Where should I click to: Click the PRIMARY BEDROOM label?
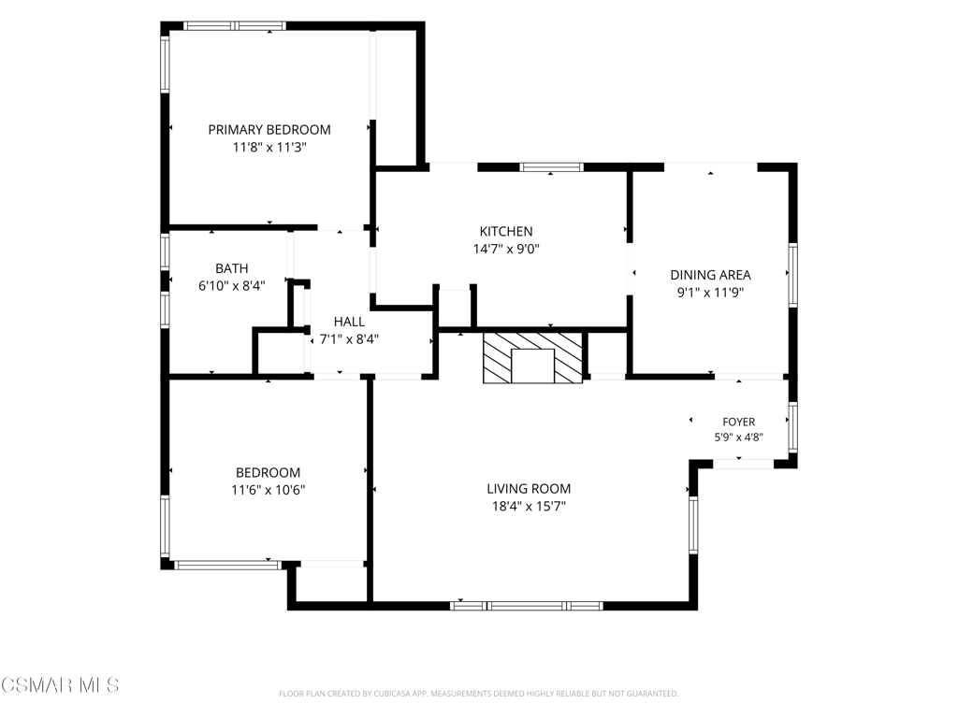[x=269, y=130]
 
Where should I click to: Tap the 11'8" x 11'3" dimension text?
[x=269, y=147]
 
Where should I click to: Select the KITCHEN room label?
[x=506, y=232]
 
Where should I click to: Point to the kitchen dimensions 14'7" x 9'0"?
[x=506, y=249]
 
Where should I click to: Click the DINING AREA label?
[x=711, y=275]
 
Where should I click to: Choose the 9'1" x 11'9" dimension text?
[x=711, y=293]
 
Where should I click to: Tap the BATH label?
[x=232, y=268]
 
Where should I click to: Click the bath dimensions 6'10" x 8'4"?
[x=232, y=286]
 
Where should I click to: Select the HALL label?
[x=350, y=322]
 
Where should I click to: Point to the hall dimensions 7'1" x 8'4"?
[x=350, y=338]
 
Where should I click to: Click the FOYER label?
[x=739, y=422]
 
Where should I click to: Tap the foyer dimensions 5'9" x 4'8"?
[x=739, y=438]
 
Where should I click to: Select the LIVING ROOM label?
[x=530, y=488]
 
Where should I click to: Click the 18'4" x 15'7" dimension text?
[x=530, y=506]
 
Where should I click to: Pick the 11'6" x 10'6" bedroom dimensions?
[x=269, y=490]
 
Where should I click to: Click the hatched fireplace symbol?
[x=532, y=358]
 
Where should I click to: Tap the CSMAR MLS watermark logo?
[x=60, y=685]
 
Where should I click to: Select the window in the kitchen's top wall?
[x=552, y=167]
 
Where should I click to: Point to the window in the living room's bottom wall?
[x=527, y=606]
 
